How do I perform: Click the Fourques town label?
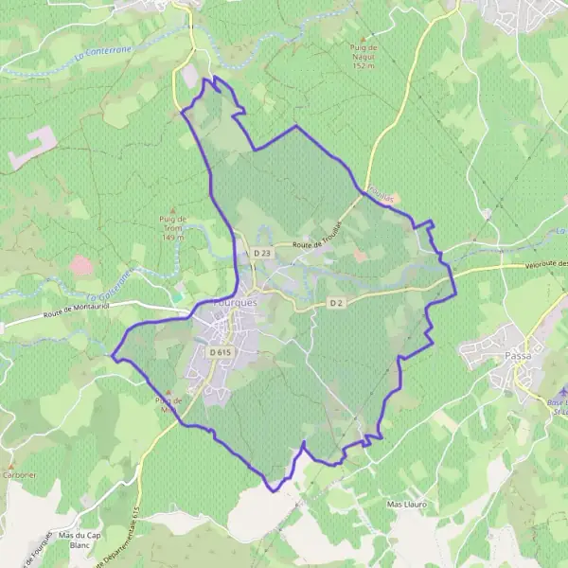[221, 294]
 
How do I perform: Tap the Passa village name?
[518, 356]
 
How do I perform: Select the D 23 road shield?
[262, 253]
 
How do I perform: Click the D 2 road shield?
[335, 302]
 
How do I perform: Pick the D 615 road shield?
[221, 352]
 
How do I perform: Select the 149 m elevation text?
[172, 237]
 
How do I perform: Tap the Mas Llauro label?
[408, 505]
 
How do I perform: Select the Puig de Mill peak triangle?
[169, 391]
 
